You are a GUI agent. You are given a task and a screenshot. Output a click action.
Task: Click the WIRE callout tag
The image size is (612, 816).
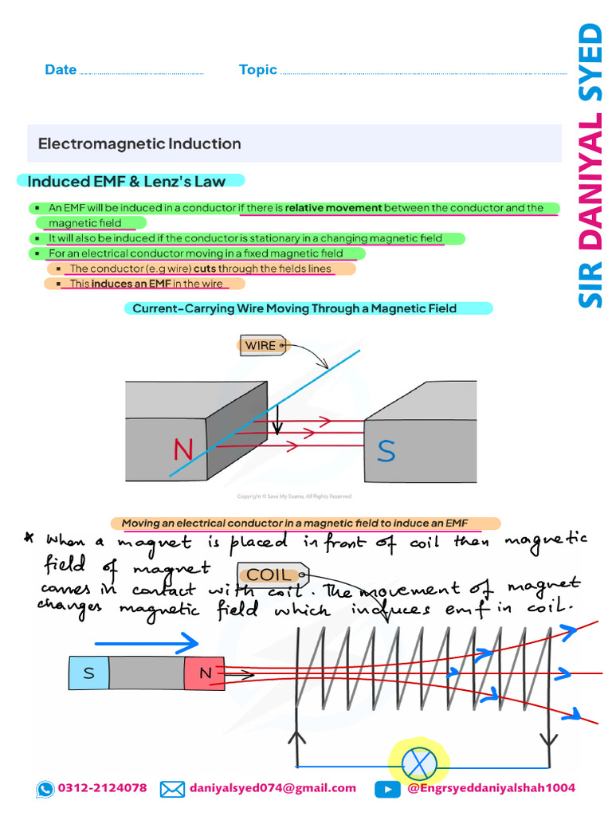click(261, 345)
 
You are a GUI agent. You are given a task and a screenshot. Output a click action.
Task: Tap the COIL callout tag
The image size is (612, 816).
click(269, 575)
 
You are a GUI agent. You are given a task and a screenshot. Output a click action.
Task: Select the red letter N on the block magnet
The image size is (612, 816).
click(183, 450)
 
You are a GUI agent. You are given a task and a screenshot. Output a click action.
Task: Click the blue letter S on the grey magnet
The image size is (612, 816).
click(386, 451)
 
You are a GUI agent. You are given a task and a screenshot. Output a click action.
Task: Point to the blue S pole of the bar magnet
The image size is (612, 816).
click(88, 673)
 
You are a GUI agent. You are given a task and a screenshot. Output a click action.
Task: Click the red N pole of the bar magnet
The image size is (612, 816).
click(205, 673)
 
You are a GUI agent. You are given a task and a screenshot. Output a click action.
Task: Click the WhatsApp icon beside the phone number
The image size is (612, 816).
click(45, 789)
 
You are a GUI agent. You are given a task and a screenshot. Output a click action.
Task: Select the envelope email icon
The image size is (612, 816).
click(172, 789)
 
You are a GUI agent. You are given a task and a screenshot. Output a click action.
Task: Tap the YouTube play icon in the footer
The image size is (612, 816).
click(387, 789)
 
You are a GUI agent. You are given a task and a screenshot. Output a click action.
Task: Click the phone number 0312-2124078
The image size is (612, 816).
click(102, 788)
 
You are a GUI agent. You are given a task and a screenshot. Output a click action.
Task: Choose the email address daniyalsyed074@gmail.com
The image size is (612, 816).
click(273, 788)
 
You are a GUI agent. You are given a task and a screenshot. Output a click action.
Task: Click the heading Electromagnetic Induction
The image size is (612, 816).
click(139, 144)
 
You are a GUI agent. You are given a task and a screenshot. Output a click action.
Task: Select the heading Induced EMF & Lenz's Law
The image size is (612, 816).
click(127, 182)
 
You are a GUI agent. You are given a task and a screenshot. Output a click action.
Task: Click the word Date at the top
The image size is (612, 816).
click(61, 70)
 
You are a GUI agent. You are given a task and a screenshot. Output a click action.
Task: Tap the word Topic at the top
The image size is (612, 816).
click(257, 70)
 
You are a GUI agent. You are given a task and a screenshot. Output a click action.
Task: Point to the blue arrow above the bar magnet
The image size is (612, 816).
click(146, 641)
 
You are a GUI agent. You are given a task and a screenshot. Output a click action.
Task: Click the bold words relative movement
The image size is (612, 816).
click(334, 208)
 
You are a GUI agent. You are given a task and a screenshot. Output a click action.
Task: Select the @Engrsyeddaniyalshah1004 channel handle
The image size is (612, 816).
click(491, 788)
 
